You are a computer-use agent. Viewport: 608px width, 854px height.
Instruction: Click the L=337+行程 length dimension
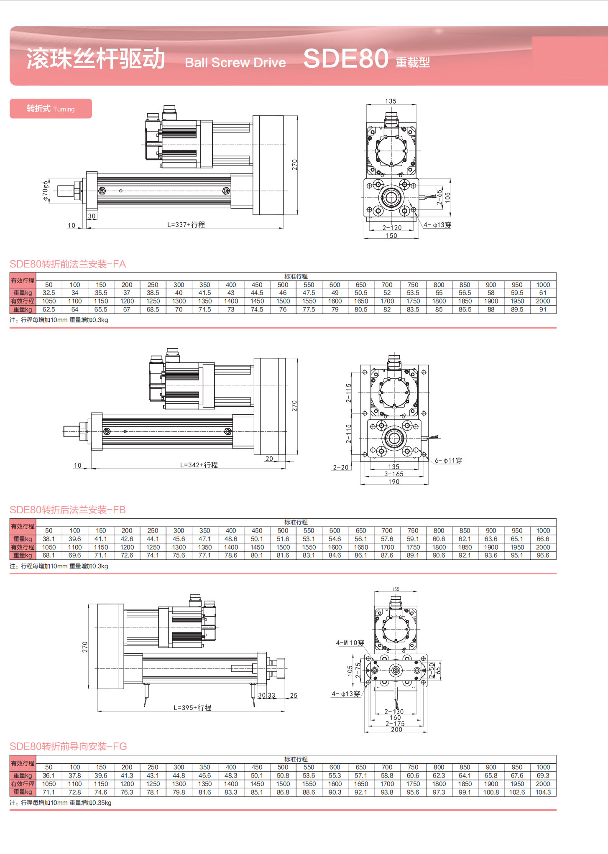tap(186, 224)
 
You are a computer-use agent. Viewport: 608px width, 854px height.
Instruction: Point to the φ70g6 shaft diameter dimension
tap(45, 191)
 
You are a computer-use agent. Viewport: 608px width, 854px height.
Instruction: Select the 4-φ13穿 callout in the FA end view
tap(437, 225)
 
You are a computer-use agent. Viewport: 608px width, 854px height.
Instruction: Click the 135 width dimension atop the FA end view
tap(391, 101)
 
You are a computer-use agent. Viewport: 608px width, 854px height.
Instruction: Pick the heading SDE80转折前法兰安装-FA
tap(68, 264)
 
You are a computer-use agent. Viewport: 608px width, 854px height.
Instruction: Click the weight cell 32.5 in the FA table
tap(49, 293)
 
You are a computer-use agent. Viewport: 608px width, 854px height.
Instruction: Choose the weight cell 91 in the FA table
tap(543, 310)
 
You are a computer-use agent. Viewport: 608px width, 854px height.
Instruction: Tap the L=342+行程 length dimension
tap(199, 465)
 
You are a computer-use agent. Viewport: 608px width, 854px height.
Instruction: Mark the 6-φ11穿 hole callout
tap(448, 460)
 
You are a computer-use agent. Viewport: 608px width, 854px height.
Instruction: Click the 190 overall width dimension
tap(394, 482)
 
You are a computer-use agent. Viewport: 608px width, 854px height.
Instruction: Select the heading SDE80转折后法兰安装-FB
tap(68, 510)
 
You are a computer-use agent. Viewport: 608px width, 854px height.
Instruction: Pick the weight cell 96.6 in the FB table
tap(543, 556)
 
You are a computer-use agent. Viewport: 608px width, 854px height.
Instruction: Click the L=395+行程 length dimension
tap(192, 708)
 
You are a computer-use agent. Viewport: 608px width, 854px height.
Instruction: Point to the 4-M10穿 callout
tap(350, 642)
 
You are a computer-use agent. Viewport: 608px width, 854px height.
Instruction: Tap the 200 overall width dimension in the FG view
tap(396, 729)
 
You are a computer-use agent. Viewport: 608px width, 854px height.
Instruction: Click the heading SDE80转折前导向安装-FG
tap(68, 746)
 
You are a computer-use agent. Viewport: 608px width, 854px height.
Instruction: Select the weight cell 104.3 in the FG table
tap(543, 792)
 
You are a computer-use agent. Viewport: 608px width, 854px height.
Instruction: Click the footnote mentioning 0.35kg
tap(61, 803)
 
